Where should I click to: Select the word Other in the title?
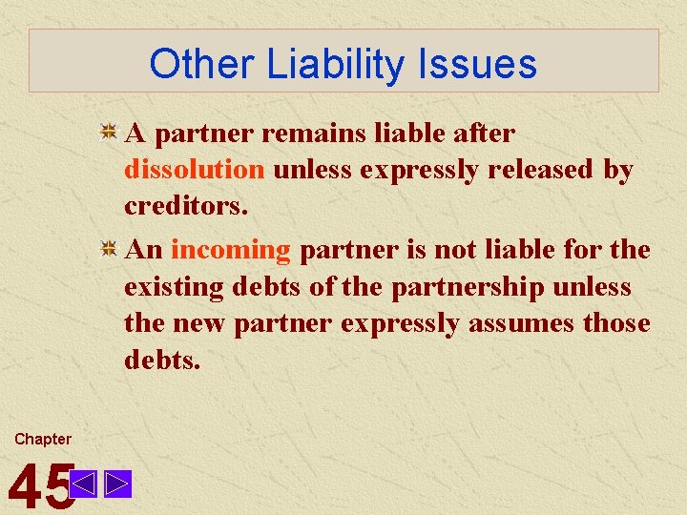coord(199,64)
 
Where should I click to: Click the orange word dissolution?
coord(194,170)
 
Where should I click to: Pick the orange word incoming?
coord(230,250)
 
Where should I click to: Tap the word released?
coord(538,170)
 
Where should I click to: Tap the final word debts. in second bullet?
coord(162,360)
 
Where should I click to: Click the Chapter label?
coord(42,439)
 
